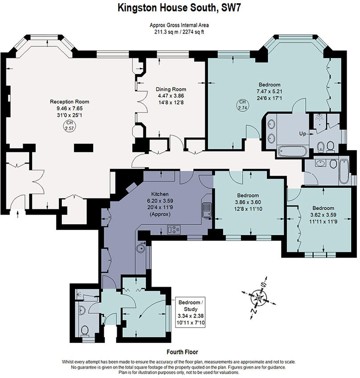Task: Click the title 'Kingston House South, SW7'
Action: coord(180,8)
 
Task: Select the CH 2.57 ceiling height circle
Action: coord(69,126)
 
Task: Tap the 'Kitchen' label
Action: coord(160,194)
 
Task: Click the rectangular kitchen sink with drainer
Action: coord(206,209)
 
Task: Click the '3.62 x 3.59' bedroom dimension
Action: coord(323,214)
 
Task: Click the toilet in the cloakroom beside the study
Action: coord(85,329)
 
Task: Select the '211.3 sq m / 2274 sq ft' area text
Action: coord(180,32)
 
